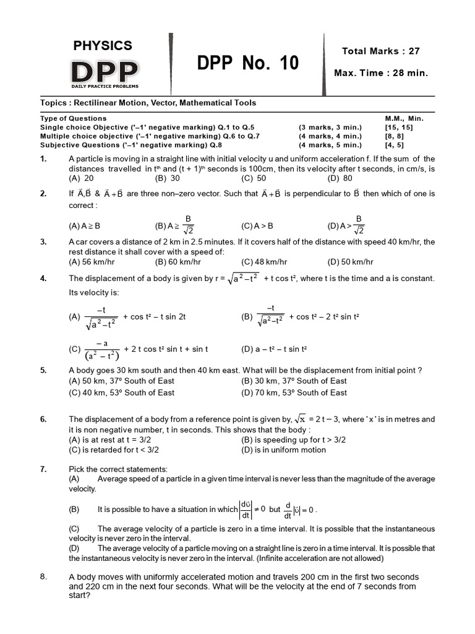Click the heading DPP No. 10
coord(247,63)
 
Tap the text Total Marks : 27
coord(380,51)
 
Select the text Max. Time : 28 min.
coord(380,73)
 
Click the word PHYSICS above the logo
coord(103,45)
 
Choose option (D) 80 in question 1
coord(340,178)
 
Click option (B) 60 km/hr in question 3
coord(176,261)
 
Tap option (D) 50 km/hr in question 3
coord(351,261)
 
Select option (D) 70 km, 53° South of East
coord(294,393)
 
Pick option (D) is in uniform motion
coord(283,449)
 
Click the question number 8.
coord(43,576)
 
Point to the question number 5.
coord(43,370)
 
